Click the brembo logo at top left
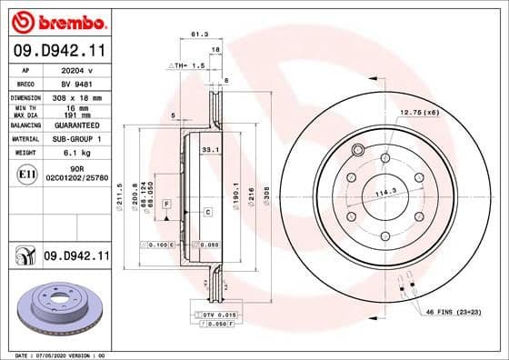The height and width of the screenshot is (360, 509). (x=56, y=19)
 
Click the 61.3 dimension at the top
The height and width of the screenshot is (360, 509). (x=196, y=34)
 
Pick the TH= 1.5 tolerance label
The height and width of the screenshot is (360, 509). (x=187, y=66)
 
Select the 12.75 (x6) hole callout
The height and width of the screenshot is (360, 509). (x=421, y=112)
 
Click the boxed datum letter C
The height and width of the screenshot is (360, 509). (x=207, y=212)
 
